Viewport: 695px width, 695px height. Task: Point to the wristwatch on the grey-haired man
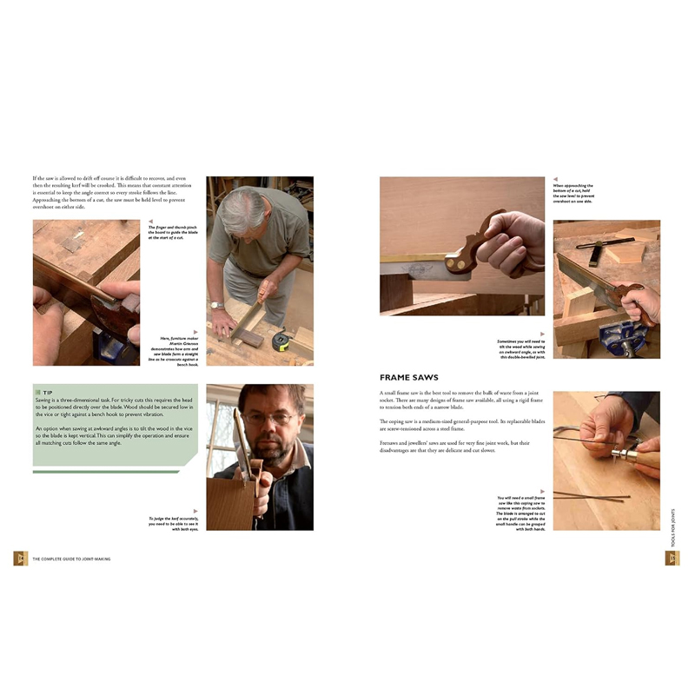pos(215,305)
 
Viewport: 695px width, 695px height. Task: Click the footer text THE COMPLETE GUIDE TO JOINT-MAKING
pos(70,559)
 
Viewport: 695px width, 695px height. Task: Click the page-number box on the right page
pos(672,558)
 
